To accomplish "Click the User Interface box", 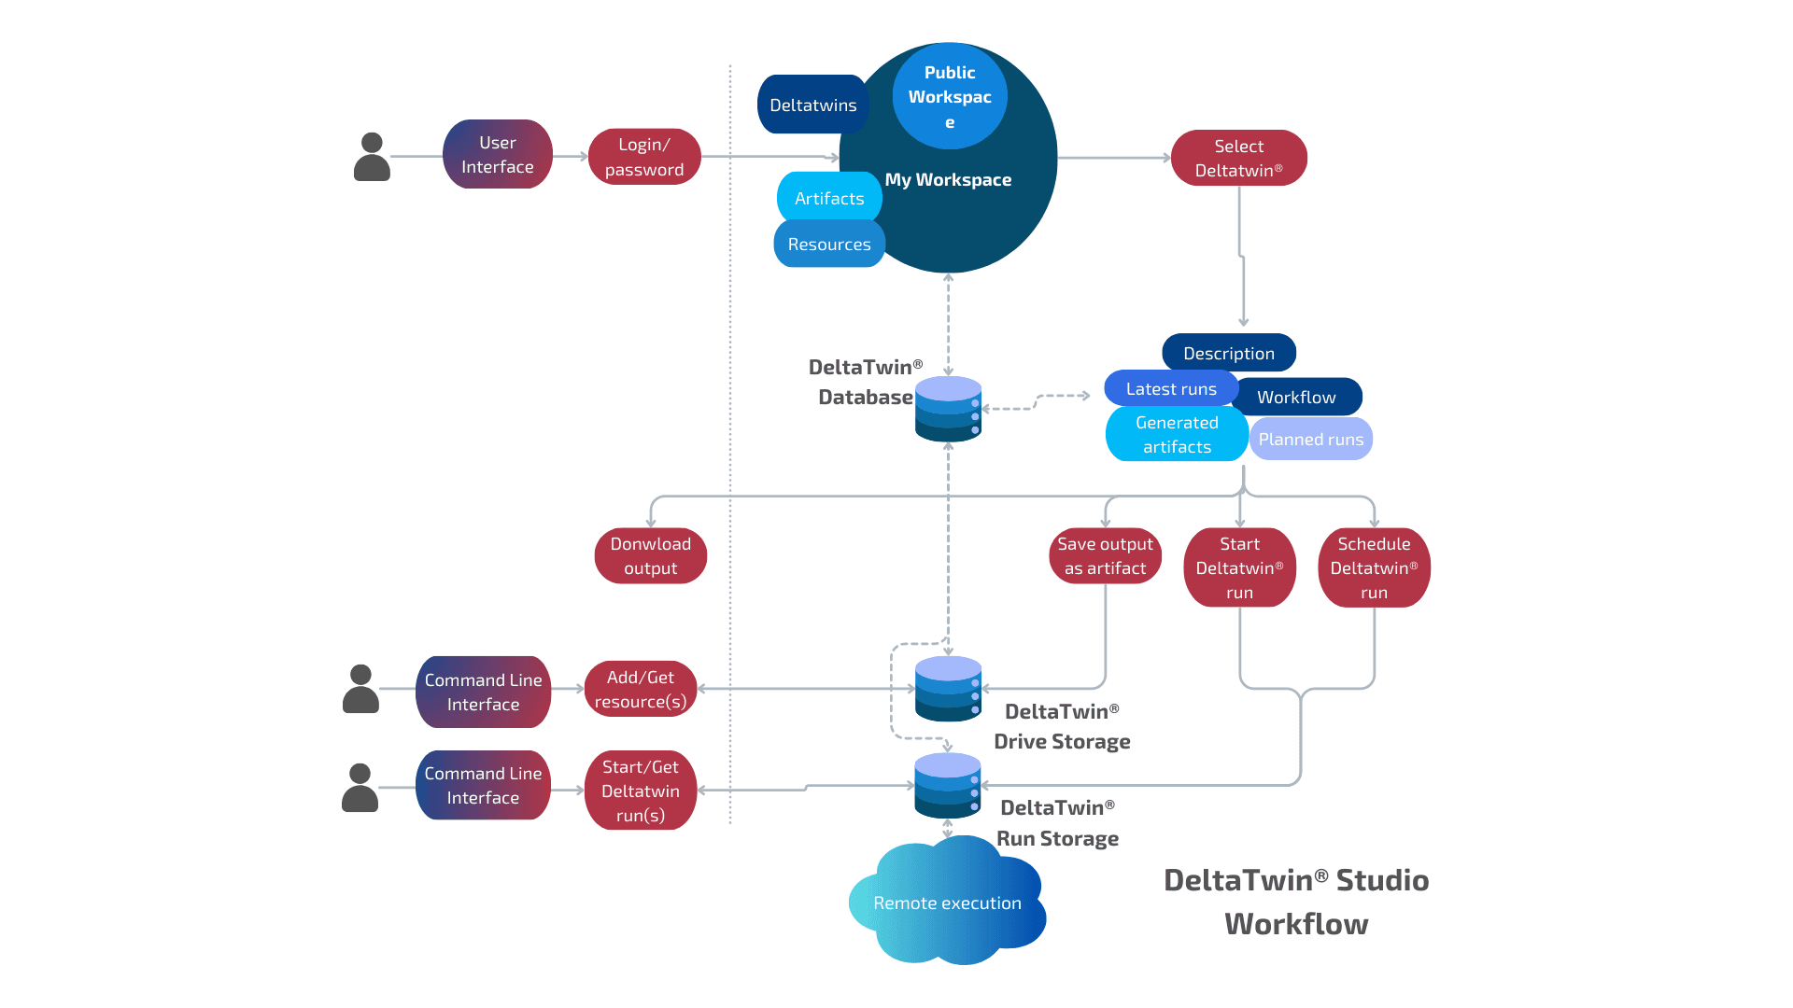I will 497,155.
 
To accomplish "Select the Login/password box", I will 644,157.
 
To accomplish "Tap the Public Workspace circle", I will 950,96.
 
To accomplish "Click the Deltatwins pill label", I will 812,105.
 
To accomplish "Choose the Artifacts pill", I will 828,198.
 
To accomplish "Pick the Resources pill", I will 828,245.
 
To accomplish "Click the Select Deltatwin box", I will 1238,158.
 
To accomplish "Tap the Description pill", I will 1228,353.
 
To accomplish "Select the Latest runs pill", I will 1170,388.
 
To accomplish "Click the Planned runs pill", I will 1310,439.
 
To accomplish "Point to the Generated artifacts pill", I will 1176,434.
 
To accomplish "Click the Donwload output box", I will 650,556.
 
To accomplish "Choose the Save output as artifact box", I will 1105,556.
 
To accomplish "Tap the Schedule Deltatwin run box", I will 1374,567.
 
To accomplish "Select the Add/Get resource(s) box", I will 641,690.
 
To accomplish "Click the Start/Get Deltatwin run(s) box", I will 641,791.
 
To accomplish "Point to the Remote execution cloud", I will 947,903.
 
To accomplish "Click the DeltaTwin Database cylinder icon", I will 948,409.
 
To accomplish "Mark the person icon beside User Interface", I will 372,157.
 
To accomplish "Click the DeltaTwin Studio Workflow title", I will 1296,902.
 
